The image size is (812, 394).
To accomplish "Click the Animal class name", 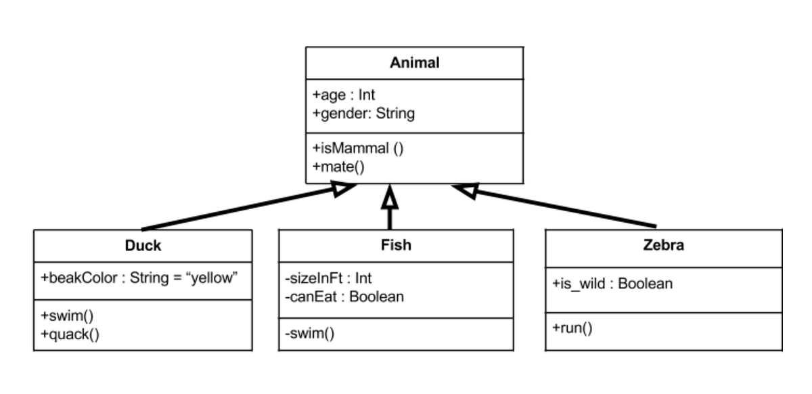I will point(414,63).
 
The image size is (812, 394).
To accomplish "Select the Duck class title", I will point(143,246).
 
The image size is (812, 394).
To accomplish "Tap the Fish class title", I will point(396,245).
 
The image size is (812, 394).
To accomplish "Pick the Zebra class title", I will point(663,245).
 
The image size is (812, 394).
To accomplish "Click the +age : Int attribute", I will point(344,95).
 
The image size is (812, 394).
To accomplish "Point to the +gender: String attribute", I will point(363,113).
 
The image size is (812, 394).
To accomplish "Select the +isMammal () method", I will point(358,148).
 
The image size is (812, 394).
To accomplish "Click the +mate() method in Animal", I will point(338,166).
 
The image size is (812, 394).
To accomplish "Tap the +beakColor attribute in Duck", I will point(139,278).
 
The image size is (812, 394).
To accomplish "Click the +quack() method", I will point(70,334).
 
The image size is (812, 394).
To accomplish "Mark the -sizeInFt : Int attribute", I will point(328,278).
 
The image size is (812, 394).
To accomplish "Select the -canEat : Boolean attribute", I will point(344,297).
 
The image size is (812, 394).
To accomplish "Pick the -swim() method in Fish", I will point(309,334).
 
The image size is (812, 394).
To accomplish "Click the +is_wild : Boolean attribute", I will point(612,284).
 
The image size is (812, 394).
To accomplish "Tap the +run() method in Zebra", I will point(572,328).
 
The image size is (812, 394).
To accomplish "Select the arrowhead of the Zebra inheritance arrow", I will point(465,190).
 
